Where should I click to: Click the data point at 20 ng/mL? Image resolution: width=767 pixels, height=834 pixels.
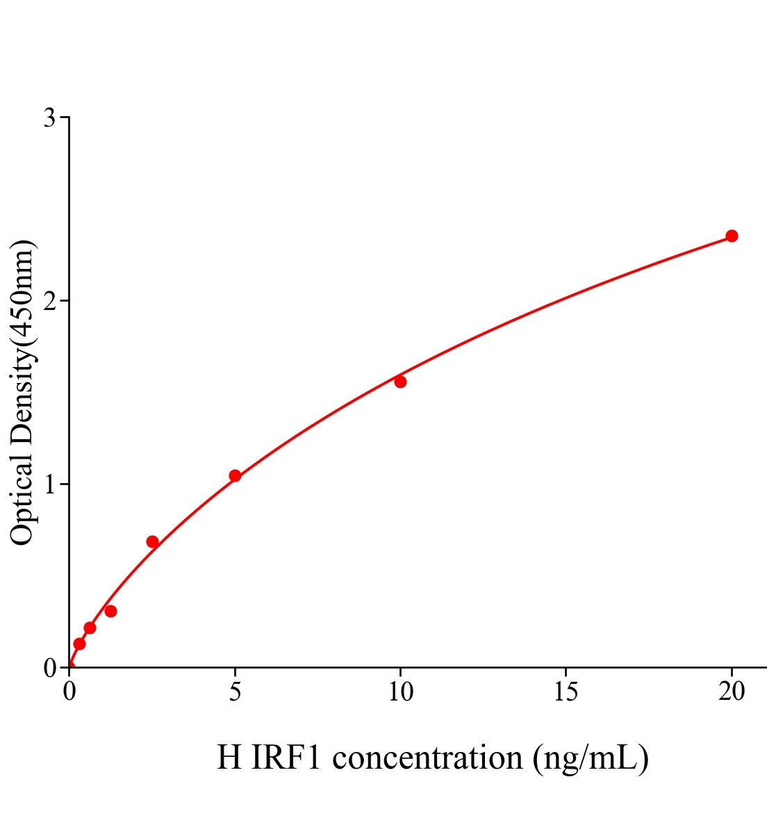732,236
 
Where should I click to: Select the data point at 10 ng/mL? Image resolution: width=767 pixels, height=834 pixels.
400,382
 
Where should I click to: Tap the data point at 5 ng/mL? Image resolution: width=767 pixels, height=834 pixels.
235,476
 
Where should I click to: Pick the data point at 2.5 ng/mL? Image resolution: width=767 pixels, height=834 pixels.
152,542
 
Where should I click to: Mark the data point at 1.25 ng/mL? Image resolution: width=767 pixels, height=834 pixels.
110,612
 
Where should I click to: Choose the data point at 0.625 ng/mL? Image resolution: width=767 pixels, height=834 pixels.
90,628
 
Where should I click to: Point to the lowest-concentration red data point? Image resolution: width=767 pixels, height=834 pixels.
79,644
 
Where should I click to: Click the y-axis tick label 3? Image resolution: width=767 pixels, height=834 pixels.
49,118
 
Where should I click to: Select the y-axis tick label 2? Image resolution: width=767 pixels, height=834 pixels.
49,301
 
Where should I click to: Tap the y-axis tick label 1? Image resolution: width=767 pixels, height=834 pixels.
49,484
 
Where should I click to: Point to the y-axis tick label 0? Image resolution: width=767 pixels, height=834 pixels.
49,668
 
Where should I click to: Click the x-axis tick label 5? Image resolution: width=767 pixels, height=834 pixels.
235,692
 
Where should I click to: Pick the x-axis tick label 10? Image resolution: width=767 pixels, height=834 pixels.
400,692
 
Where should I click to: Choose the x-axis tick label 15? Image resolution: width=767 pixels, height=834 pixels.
566,692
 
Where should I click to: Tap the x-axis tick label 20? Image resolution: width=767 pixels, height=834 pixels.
732,692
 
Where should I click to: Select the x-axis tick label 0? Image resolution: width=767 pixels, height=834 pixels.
69,692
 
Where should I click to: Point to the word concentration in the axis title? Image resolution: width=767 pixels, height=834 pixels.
427,758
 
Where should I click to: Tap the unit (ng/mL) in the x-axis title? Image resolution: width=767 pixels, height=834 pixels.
591,758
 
